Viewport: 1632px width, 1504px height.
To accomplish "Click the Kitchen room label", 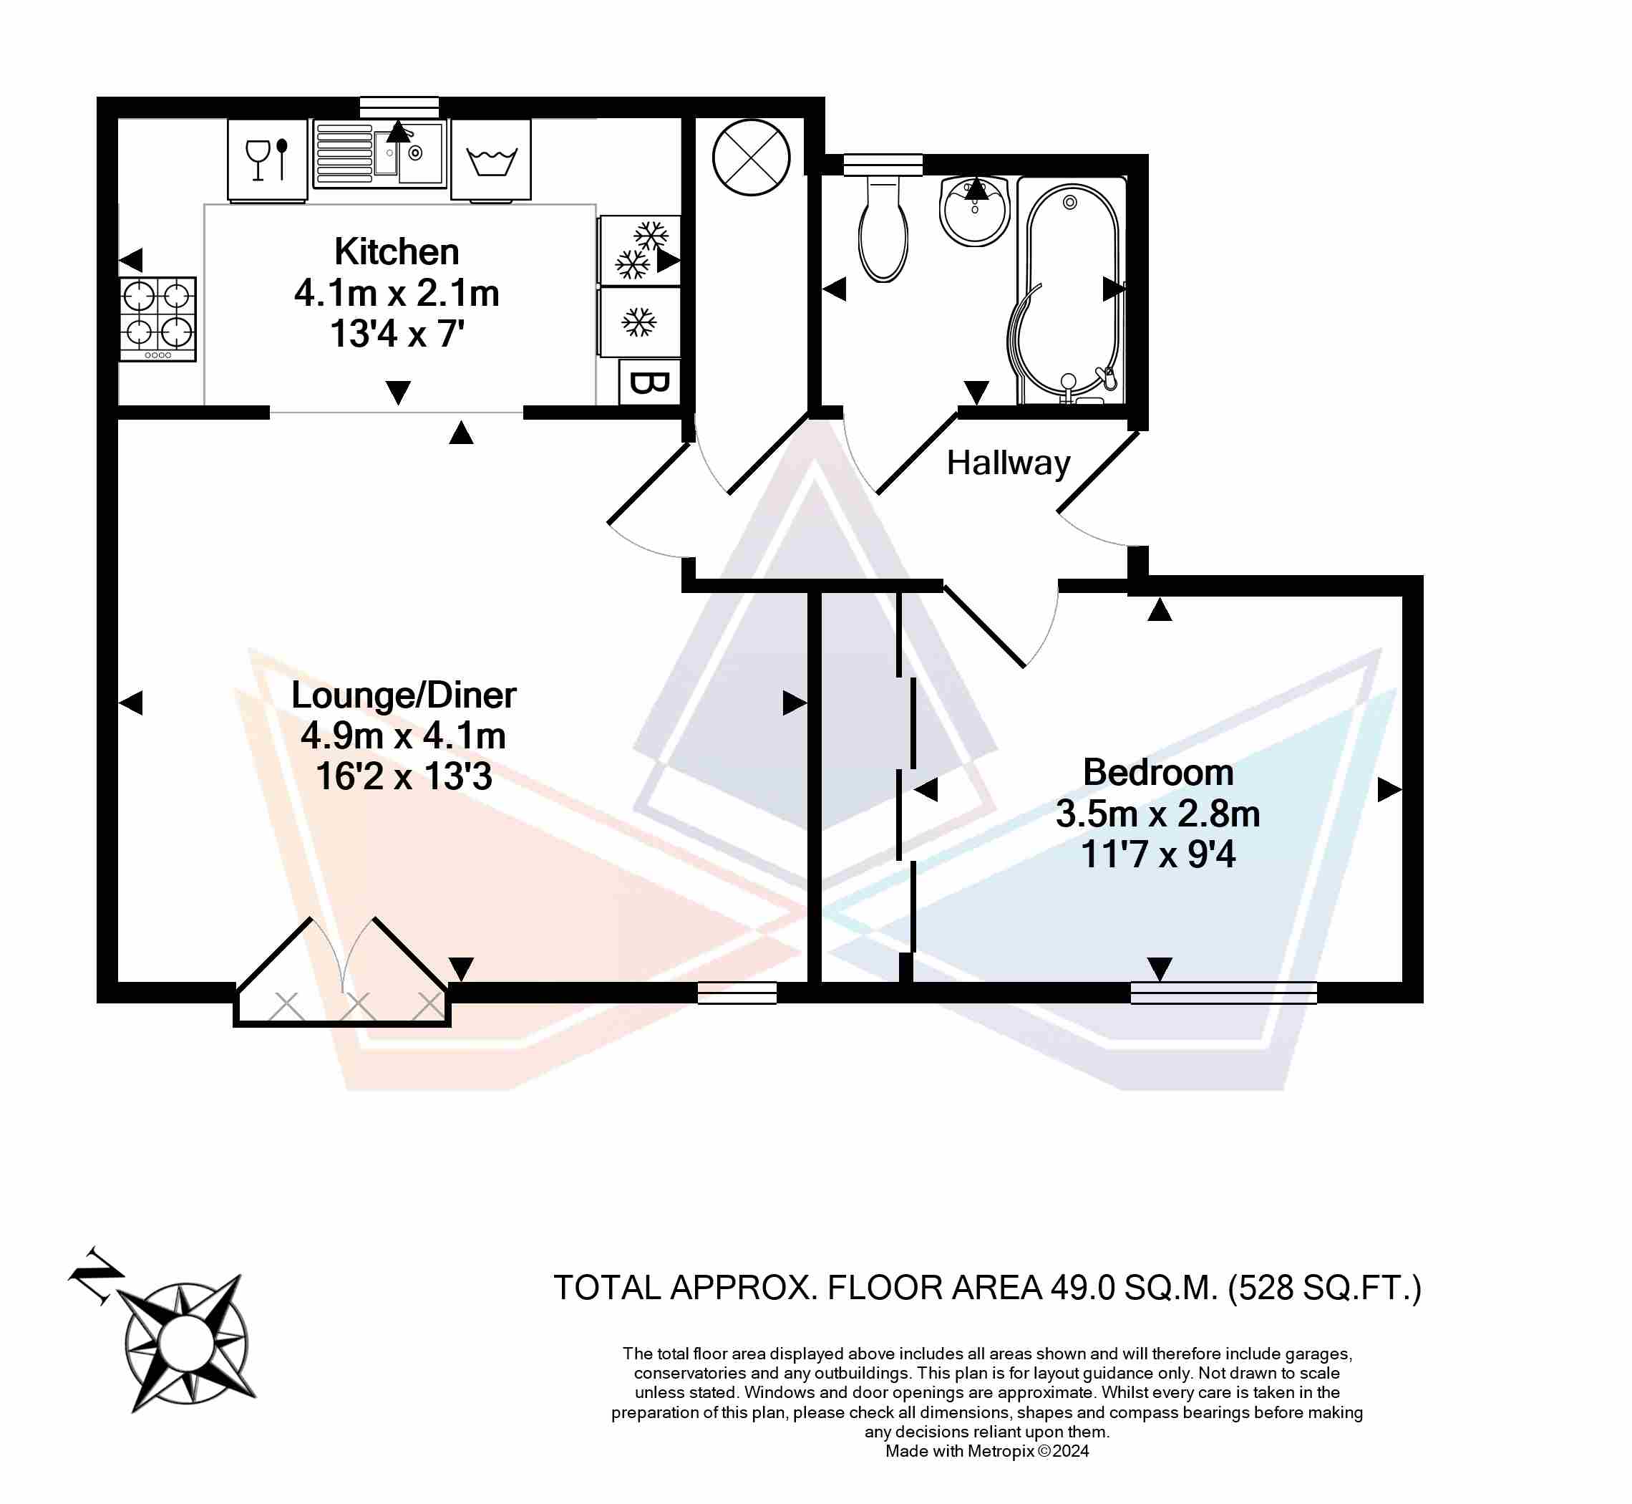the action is point(397,251).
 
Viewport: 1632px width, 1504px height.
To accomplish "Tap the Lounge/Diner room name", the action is point(404,695).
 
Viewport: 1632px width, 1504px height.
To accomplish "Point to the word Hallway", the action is point(1008,463).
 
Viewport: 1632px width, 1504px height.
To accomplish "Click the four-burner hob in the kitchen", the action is point(157,319).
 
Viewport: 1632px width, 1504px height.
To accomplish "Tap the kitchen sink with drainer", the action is point(380,154).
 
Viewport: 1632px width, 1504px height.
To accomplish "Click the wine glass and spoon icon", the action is point(268,160).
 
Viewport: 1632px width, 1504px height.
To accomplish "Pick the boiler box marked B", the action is point(649,382).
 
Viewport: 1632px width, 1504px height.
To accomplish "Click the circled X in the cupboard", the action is point(751,158).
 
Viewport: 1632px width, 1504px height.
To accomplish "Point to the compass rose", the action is point(187,1343).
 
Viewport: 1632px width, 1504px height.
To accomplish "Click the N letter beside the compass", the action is point(96,1276).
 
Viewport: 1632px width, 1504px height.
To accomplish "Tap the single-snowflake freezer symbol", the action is point(639,322).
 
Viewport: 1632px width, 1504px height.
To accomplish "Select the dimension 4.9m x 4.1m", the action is point(404,736).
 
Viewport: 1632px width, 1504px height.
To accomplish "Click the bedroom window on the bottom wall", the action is point(1223,992).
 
